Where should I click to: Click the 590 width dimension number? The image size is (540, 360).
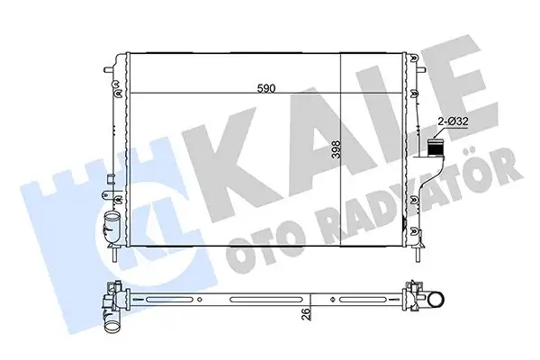click(x=266, y=87)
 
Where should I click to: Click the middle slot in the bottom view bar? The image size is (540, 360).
click(x=265, y=298)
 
